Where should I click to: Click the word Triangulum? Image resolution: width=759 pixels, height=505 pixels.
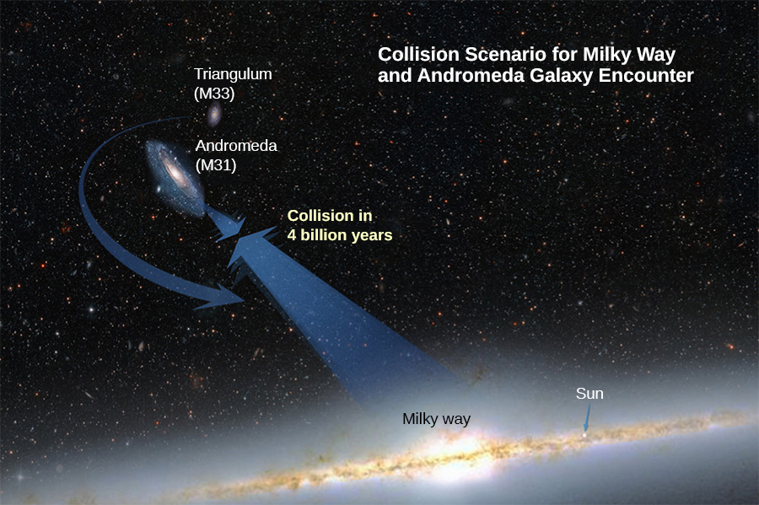(x=233, y=74)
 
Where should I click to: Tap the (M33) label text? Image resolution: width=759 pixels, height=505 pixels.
(x=213, y=93)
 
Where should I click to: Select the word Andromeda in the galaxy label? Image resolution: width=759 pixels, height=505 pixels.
(x=236, y=146)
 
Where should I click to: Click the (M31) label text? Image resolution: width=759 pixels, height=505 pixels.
(x=215, y=165)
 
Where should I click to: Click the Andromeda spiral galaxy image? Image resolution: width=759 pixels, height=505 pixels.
(x=175, y=175)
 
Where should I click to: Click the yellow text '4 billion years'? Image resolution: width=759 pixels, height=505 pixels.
(x=340, y=235)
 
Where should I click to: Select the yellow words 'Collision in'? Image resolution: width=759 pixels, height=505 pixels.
(x=330, y=216)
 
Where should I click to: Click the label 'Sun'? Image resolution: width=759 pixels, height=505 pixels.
(x=589, y=394)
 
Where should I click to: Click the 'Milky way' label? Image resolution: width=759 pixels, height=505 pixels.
(x=436, y=419)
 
